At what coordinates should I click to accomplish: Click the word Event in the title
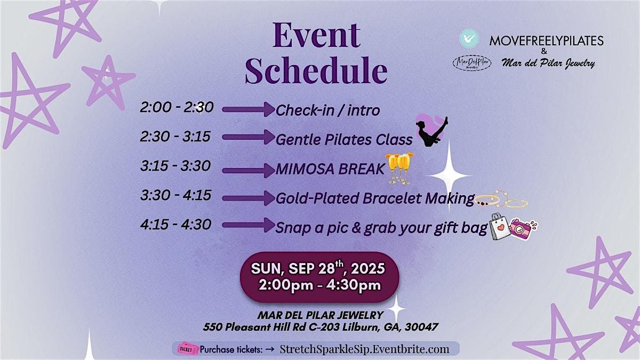point(316,36)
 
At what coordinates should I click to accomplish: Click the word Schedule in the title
point(316,70)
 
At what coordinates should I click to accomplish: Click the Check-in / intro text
point(327,110)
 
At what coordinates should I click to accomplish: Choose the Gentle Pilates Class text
point(344,139)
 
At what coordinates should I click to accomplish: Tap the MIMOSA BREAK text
point(330,169)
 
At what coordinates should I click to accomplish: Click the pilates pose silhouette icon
point(432,132)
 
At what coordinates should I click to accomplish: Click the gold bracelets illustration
point(501,199)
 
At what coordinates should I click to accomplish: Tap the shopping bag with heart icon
point(499,227)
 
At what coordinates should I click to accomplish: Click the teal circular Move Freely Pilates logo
point(469,38)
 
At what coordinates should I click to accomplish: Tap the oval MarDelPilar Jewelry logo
point(471,63)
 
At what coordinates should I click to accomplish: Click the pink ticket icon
point(187,349)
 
